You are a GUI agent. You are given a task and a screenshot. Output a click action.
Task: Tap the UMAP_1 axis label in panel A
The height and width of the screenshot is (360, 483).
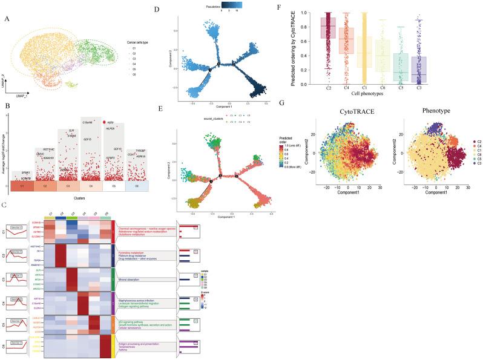(x=16, y=88)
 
